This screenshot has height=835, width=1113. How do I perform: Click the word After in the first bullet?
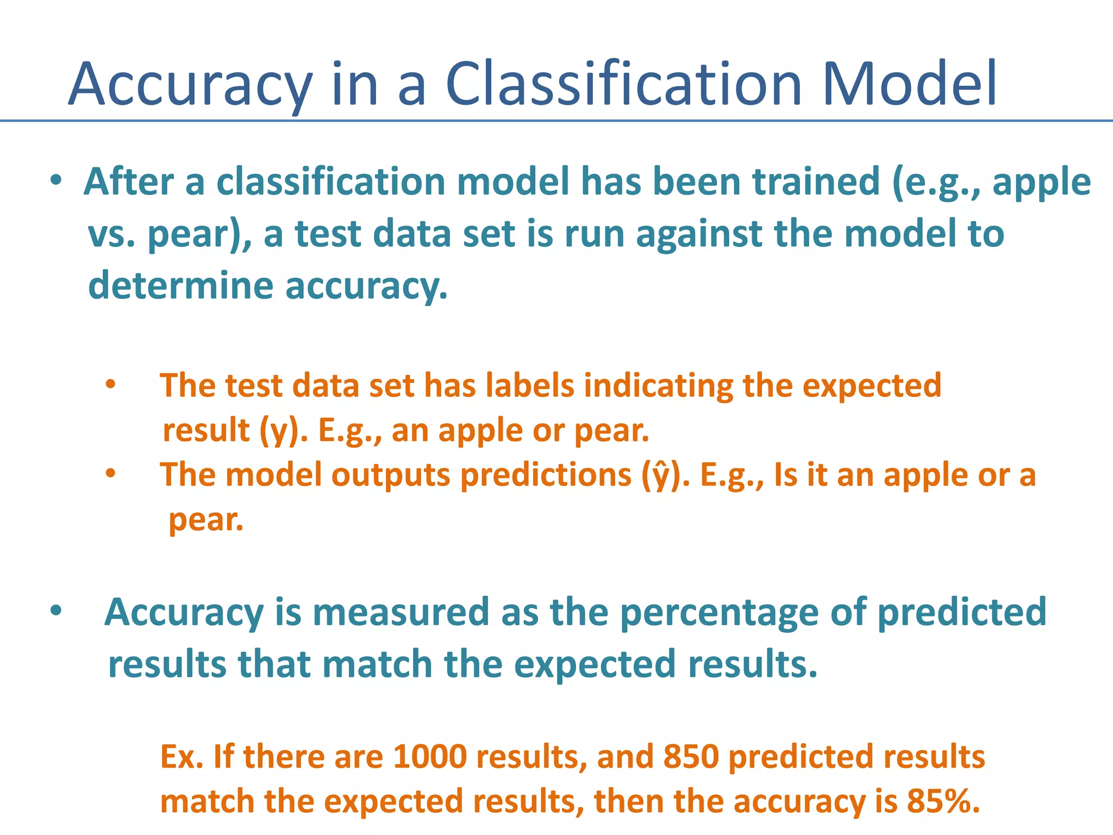(129, 182)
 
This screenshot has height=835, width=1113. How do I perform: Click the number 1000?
(429, 757)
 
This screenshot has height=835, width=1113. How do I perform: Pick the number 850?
(691, 757)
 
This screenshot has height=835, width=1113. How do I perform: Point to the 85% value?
(943, 801)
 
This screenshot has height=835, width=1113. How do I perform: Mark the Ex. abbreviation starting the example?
(182, 757)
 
